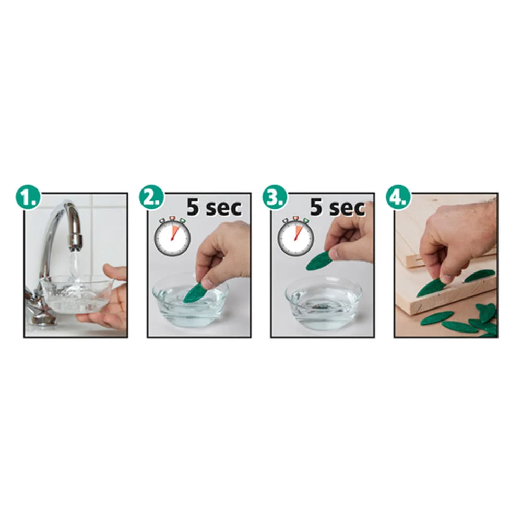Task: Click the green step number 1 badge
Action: (28, 198)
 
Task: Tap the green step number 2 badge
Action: (152, 198)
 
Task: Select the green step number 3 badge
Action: (275, 198)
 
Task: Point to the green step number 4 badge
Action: (398, 198)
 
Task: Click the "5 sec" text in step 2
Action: (213, 207)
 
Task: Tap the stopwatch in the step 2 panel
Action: (172, 236)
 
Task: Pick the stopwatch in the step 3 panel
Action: (295, 236)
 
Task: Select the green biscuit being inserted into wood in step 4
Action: (433, 286)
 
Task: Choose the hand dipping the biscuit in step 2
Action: (223, 253)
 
